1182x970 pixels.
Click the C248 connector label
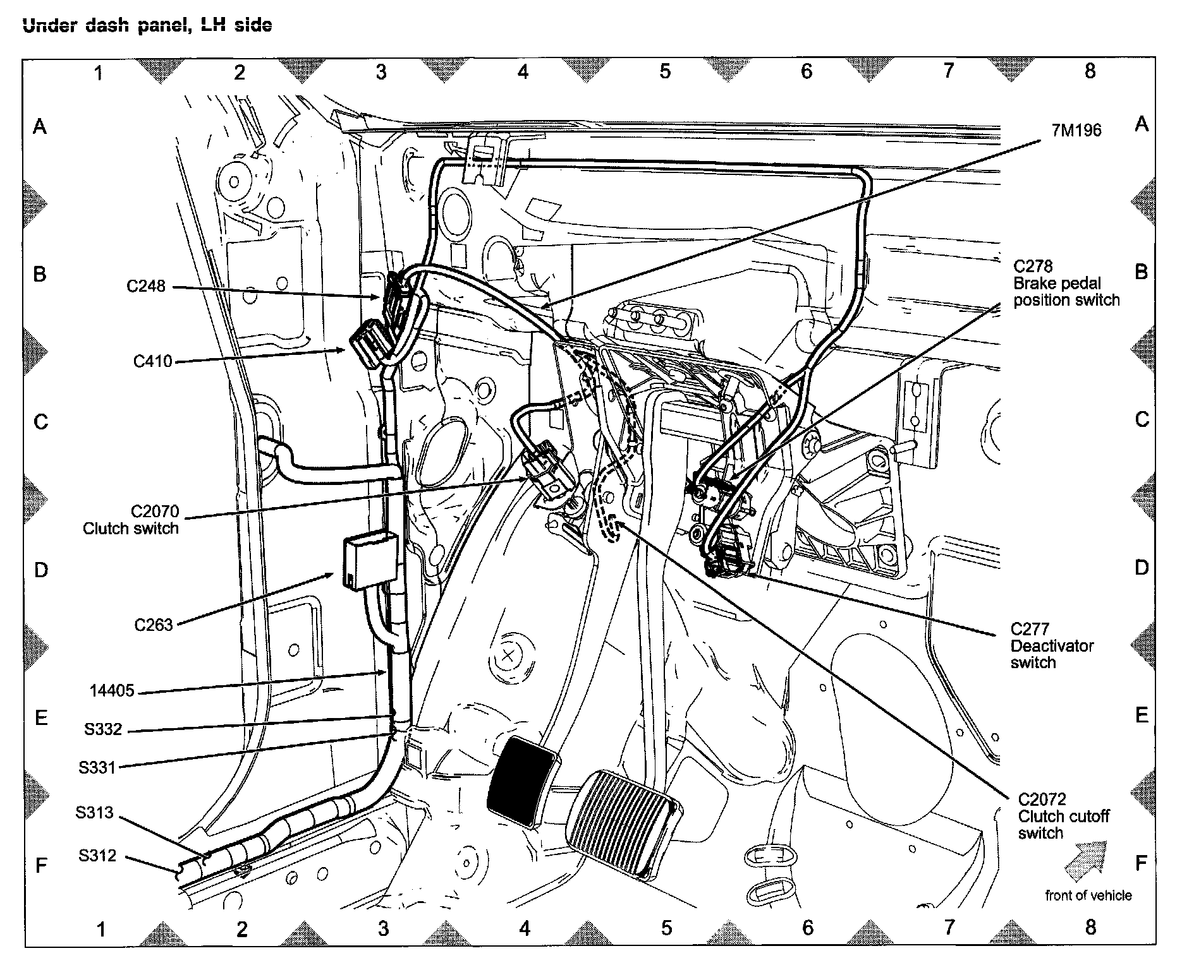[146, 286]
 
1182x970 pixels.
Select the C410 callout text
[153, 361]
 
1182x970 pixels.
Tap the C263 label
[154, 625]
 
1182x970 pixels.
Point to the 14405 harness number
[112, 690]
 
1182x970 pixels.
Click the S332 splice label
[103, 729]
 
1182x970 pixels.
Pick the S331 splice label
[97, 767]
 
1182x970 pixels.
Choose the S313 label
[95, 812]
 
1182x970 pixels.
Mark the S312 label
[97, 856]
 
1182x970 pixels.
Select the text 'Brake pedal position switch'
[1066, 292]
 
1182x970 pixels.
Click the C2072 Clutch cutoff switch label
[1064, 816]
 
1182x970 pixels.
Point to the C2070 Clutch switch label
[131, 520]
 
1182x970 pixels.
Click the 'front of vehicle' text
[1088, 895]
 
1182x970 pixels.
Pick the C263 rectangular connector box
[370, 561]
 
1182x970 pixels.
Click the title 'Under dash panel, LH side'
[147, 25]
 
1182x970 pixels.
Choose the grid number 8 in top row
[1090, 71]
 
